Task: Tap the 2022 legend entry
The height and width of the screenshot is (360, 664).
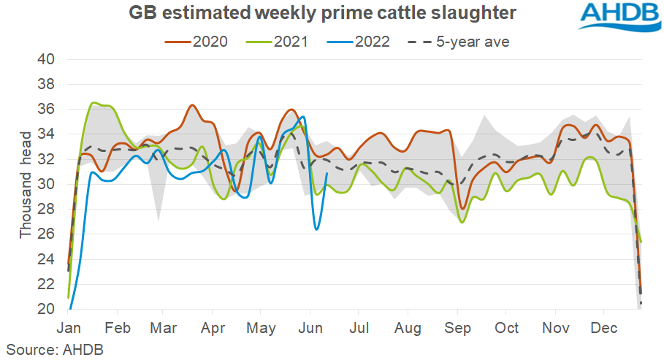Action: tap(362, 42)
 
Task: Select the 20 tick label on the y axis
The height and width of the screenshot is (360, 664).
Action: tap(46, 310)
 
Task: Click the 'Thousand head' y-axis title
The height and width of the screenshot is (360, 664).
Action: tap(26, 185)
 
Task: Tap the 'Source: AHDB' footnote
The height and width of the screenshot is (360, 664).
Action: tap(56, 349)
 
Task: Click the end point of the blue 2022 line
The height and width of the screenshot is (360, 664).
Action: tap(326, 174)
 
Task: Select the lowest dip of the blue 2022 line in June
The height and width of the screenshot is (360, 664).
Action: tap(316, 229)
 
